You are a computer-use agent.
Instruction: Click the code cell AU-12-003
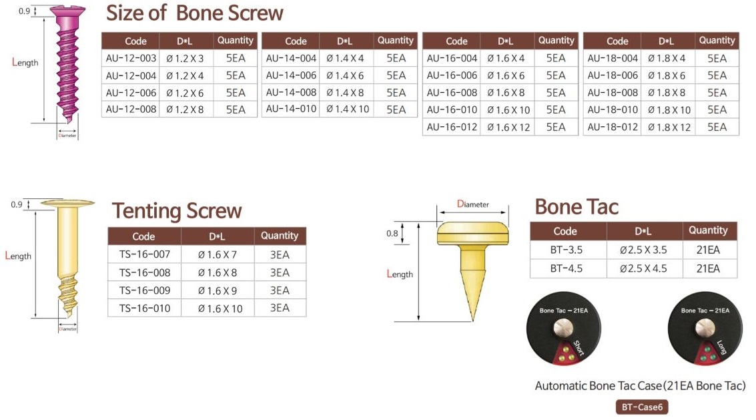(x=131, y=58)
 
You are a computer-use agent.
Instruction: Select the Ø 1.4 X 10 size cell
(x=347, y=109)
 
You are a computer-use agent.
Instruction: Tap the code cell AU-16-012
(x=452, y=127)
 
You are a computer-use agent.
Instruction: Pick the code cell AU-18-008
(x=613, y=93)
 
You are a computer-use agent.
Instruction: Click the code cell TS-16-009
(x=145, y=290)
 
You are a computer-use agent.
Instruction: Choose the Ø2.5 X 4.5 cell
(x=644, y=268)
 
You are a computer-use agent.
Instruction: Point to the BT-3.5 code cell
(x=566, y=250)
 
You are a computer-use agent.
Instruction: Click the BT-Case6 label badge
(x=642, y=407)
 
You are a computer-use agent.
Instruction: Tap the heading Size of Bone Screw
(x=194, y=13)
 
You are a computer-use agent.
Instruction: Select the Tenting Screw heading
(x=176, y=211)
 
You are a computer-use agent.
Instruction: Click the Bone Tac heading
(x=576, y=207)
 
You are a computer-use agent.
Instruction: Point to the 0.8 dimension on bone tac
(x=392, y=234)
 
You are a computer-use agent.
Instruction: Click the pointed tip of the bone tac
(x=473, y=321)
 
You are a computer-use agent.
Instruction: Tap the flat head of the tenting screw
(x=67, y=203)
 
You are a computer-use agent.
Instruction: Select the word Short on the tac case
(x=579, y=348)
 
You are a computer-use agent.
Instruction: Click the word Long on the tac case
(x=721, y=347)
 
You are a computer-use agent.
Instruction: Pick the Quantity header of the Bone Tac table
(x=708, y=231)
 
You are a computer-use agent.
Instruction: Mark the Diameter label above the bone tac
(x=472, y=204)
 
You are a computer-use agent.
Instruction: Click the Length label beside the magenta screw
(x=25, y=62)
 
